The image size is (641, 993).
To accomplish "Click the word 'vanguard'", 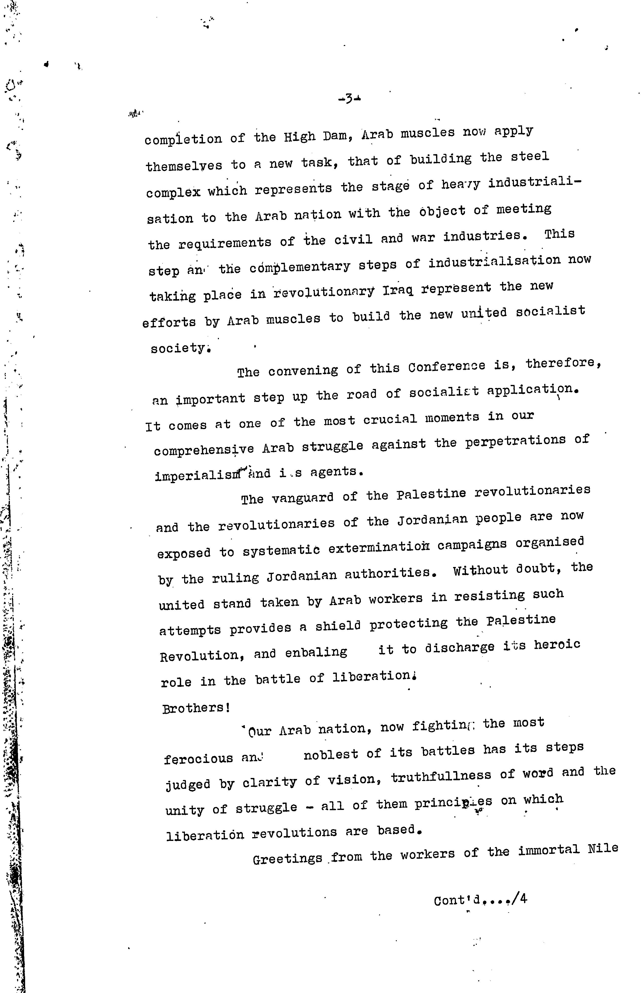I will point(303,497).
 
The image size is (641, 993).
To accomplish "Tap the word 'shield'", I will point(338,626).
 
